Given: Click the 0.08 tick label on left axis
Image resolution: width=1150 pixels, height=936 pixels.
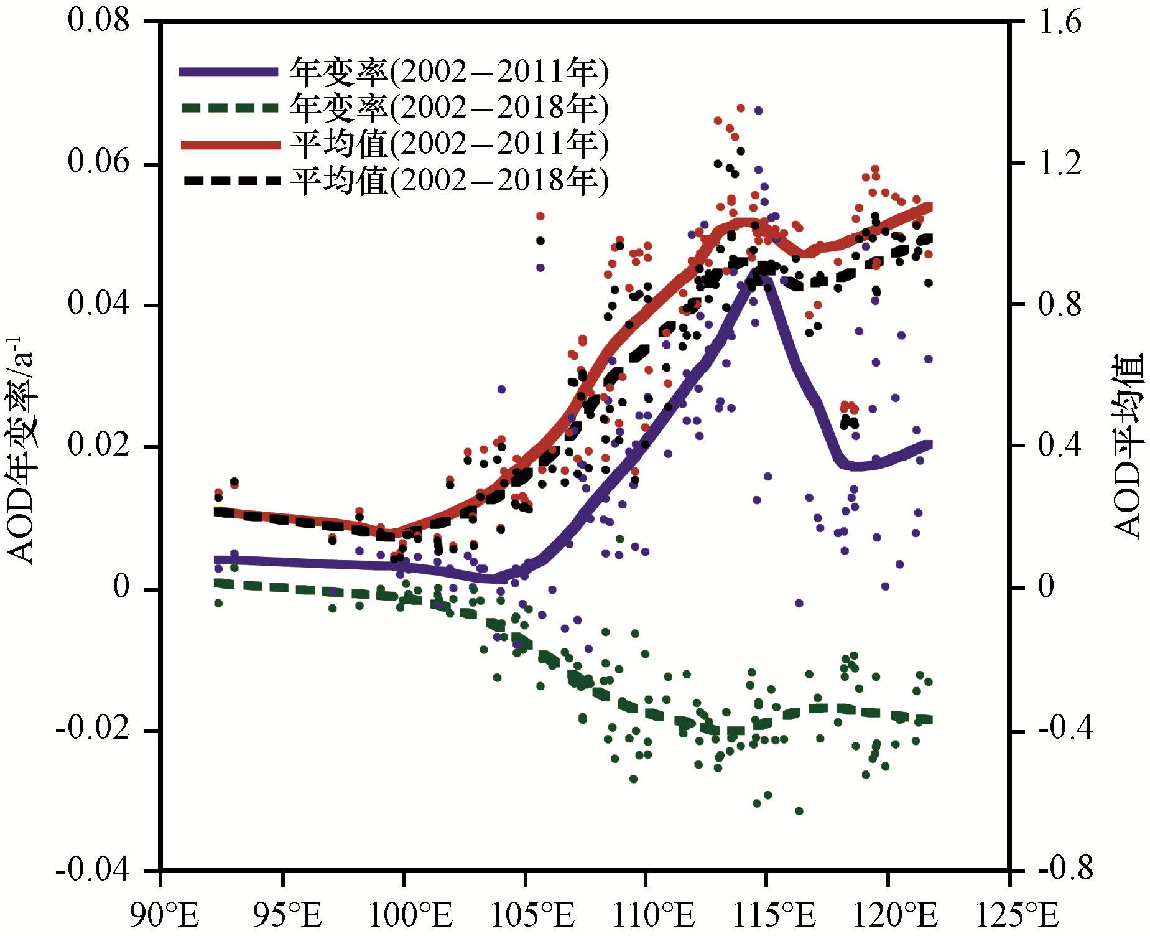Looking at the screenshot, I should coord(98,20).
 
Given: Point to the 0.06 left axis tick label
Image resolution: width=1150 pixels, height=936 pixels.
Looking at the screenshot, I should coord(98,162).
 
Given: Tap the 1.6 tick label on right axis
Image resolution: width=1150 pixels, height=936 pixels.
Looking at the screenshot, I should coord(1060,22).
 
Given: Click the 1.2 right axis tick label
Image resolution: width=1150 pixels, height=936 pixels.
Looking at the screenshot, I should coord(1060,164).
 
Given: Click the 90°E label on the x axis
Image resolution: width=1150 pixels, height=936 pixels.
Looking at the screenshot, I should coord(164,915).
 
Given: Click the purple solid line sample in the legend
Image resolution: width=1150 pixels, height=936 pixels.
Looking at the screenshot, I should coord(228,72).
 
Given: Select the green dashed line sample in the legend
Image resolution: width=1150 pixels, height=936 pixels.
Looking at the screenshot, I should coord(228,108).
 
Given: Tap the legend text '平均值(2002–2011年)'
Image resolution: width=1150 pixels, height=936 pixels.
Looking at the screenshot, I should coord(449,144).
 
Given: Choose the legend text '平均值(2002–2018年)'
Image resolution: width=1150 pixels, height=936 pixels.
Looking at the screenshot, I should coord(449,181).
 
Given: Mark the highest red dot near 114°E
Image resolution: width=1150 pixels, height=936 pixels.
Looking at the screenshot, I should coord(741,108).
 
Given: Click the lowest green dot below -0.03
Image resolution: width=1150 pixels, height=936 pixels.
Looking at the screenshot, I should coord(799,811).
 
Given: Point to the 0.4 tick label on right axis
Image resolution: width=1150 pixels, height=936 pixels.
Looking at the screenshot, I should coord(1060,446).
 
